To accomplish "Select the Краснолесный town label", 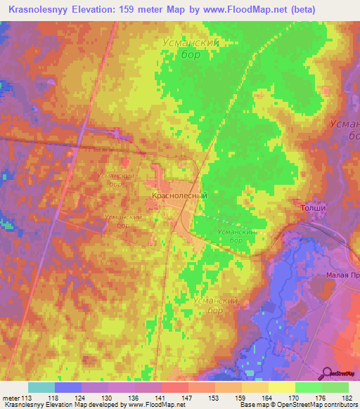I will [x=179, y=197].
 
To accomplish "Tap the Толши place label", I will [x=314, y=209].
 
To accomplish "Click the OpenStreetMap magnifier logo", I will [x=327, y=372].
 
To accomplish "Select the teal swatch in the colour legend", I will [x=41, y=387].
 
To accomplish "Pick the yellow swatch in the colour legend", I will [x=281, y=387].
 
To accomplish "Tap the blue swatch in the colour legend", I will [x=68, y=387].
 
